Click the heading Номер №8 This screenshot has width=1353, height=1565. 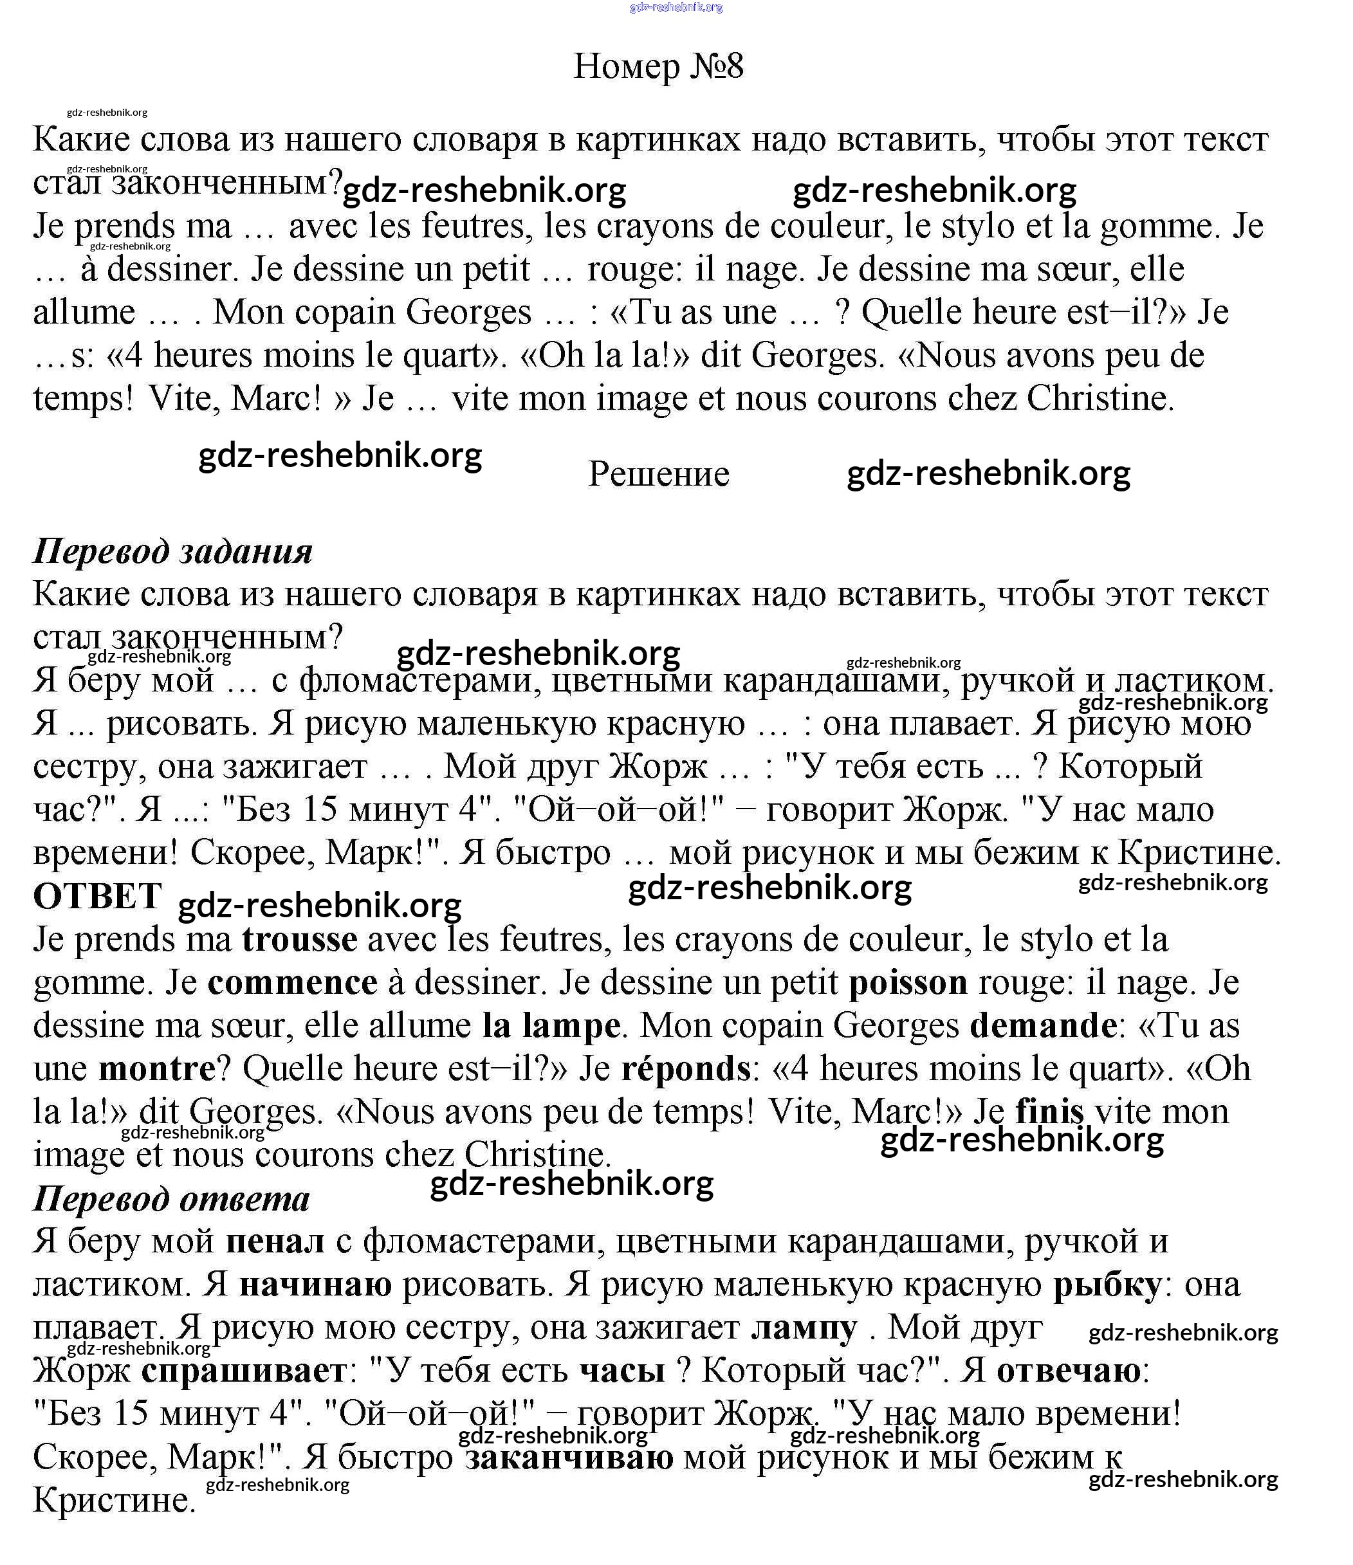click(658, 66)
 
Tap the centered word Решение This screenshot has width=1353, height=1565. click(658, 474)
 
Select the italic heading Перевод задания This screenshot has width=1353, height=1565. click(172, 551)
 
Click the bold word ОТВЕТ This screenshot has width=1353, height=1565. click(97, 897)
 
